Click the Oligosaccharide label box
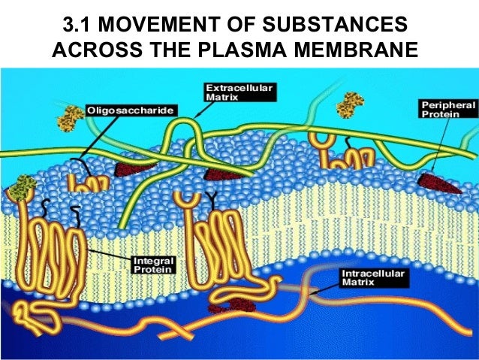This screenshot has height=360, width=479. [132, 110]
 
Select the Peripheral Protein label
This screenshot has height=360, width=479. [448, 111]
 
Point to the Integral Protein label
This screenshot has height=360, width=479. [153, 264]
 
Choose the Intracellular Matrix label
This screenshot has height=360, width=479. [373, 277]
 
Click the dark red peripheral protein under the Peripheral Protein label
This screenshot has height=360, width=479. [440, 182]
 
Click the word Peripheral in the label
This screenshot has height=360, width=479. [448, 106]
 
